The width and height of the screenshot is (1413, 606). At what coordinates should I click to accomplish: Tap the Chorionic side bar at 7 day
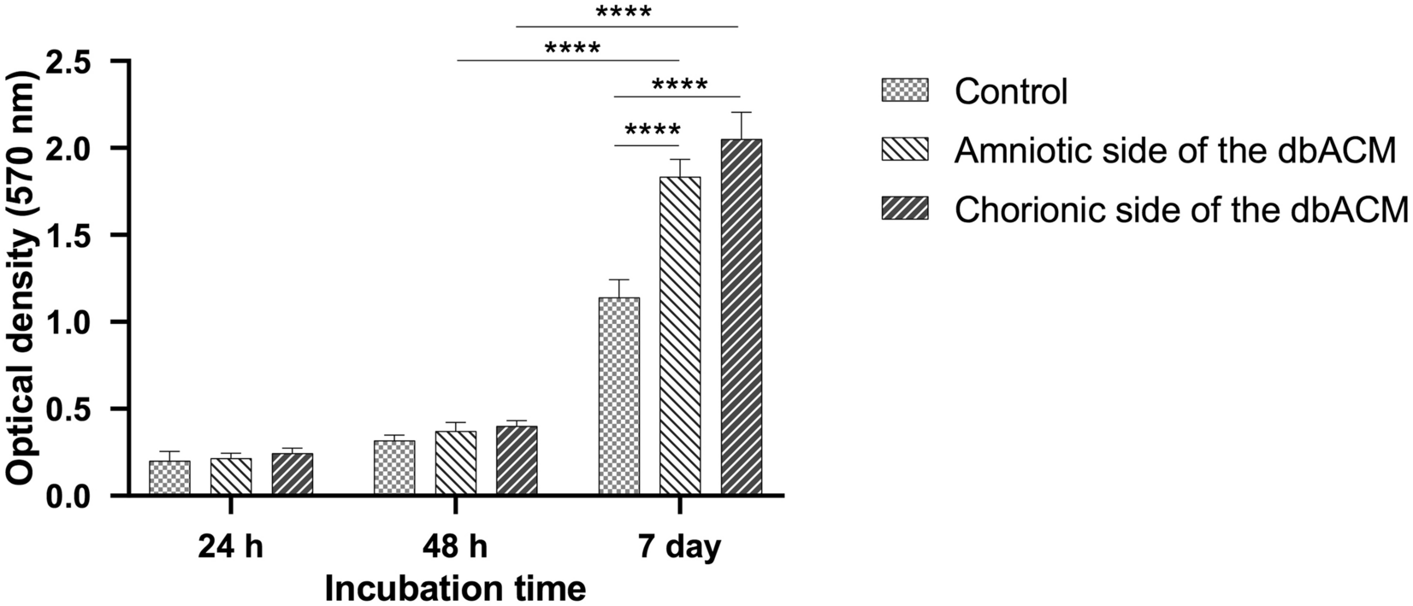point(741,317)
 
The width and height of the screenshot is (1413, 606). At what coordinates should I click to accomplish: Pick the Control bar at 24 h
point(169,478)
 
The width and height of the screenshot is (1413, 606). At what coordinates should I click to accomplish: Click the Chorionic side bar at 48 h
point(517,461)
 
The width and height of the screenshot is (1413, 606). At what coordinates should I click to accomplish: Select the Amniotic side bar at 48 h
point(456,463)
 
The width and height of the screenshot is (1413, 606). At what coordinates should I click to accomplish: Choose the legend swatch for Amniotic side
point(904,150)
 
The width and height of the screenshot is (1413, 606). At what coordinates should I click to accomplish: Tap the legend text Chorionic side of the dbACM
point(1180,209)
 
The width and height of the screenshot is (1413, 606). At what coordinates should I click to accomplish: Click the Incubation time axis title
point(455,588)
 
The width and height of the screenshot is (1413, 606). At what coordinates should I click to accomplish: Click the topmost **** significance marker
point(624,13)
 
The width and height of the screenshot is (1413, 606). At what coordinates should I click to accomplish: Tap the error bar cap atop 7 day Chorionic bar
point(741,113)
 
